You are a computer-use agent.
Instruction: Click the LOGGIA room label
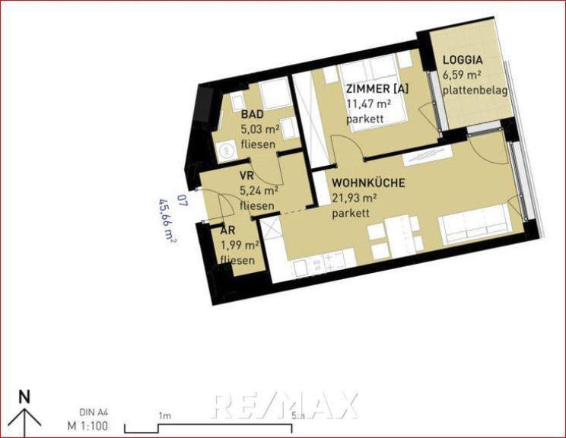tap(463, 60)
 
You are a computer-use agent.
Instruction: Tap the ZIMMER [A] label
tap(377, 89)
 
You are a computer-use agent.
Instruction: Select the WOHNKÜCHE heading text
tap(368, 183)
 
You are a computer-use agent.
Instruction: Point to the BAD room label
tap(253, 115)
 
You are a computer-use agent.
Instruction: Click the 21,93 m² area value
tap(355, 198)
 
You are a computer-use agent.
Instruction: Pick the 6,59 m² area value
tap(462, 75)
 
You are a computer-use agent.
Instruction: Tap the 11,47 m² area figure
tap(368, 104)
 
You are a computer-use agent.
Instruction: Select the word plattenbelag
tap(475, 90)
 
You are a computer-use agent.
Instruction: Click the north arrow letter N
tap(24, 398)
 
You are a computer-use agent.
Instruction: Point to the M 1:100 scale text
tap(87, 426)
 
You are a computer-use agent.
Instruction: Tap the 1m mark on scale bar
tap(164, 416)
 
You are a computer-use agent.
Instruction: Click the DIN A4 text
tap(93, 412)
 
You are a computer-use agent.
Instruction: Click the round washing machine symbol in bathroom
tap(226, 150)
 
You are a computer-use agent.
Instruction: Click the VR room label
tap(246, 176)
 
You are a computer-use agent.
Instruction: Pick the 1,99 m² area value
tap(240, 246)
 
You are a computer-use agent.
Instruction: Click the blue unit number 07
tap(183, 200)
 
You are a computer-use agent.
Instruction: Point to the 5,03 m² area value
tap(260, 129)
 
